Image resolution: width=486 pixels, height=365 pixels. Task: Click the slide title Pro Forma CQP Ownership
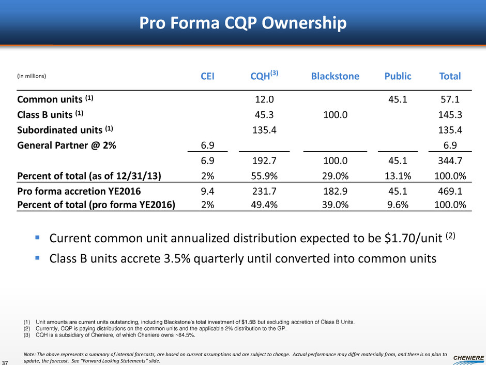[242, 23]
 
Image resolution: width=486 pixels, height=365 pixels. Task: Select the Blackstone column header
[335, 77]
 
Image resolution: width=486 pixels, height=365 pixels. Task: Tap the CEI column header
[207, 77]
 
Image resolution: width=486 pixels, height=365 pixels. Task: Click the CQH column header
[264, 76]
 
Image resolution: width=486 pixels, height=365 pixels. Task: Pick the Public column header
[398, 77]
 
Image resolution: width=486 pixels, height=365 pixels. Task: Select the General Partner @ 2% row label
[66, 145]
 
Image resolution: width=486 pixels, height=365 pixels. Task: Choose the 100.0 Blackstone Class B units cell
[335, 113]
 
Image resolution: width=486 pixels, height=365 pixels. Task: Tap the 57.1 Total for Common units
[450, 99]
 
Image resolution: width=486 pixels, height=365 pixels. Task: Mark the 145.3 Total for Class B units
[450, 113]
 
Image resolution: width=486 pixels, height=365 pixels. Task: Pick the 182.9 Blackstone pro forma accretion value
[335, 193]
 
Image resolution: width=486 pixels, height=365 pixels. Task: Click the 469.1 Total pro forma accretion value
[450, 193]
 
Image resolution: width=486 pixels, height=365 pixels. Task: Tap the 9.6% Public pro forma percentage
[398, 205]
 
